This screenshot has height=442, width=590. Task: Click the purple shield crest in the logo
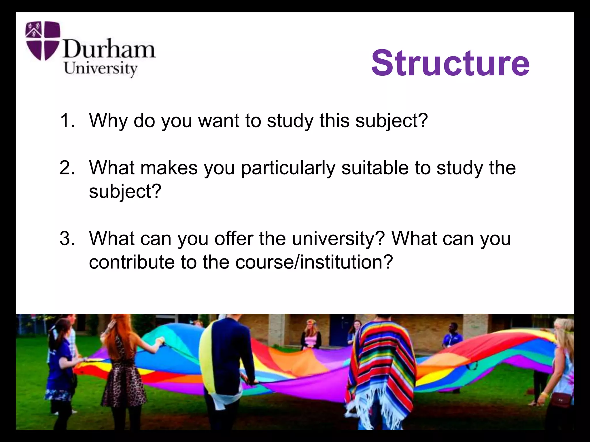pyautogui.click(x=43, y=40)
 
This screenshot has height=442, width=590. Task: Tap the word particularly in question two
pyautogui.click(x=288, y=168)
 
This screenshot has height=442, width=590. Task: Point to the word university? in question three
pyautogui.click(x=339, y=239)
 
